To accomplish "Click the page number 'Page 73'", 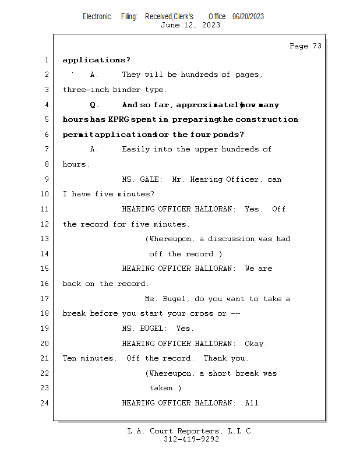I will [305, 46].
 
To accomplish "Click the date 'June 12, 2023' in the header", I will [190, 25].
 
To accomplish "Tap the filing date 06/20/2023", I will [248, 16].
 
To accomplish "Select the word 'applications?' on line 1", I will [96, 60].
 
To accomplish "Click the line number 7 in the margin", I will [47, 149].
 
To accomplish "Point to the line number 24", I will [45, 403].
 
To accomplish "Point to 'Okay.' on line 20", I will [256, 344].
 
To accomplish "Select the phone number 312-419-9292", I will [191, 440].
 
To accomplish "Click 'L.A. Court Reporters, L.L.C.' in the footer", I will [190, 431].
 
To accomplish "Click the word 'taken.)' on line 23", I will [165, 388].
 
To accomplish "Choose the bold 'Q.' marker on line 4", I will [95, 105].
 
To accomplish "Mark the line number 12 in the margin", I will [45, 224].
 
